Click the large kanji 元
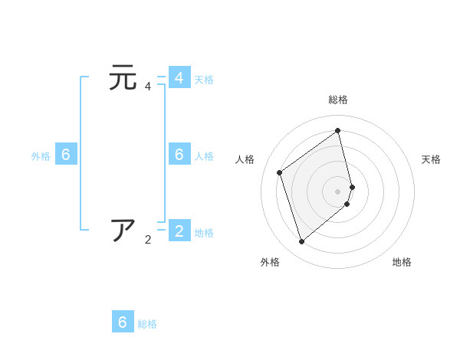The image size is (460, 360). [123, 78]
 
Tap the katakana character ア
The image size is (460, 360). [123, 231]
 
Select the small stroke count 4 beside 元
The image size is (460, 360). [148, 87]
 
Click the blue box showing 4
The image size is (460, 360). [179, 78]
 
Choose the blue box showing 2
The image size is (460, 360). [179, 231]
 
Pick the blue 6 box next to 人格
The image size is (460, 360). [179, 155]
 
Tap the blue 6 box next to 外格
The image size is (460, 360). [66, 155]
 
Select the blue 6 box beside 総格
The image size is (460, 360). [123, 322]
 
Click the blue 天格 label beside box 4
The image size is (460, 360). [204, 79]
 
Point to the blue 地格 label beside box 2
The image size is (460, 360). [204, 232]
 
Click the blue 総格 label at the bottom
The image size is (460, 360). [147, 324]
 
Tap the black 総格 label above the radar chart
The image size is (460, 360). [338, 100]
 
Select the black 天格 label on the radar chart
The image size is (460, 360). [431, 159]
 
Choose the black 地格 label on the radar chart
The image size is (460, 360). [402, 262]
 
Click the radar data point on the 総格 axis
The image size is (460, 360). [338, 129]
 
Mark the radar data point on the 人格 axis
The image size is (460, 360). [280, 172]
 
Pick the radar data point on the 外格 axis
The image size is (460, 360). [302, 242]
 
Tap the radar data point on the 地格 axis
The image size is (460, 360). [347, 204]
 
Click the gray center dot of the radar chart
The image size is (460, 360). [338, 191]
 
